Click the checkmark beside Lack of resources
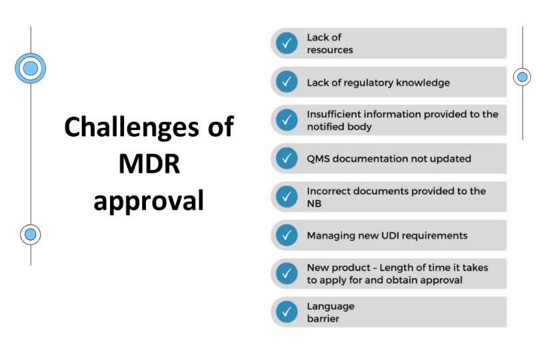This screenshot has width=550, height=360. [x=287, y=43]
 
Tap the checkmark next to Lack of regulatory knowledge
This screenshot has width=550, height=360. [x=287, y=82]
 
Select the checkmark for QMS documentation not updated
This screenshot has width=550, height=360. [x=287, y=158]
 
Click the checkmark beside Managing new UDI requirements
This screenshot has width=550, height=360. [x=287, y=235]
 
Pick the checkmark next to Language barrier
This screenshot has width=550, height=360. [x=287, y=312]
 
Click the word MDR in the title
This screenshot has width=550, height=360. [x=149, y=163]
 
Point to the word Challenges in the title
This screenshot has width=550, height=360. [x=131, y=128]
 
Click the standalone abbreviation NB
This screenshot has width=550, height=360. [x=314, y=204]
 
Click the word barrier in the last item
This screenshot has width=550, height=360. [x=323, y=319]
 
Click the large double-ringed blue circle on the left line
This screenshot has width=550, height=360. [x=31, y=68]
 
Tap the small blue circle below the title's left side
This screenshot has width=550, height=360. [x=31, y=235]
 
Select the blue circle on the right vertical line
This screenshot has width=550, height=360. [x=522, y=77]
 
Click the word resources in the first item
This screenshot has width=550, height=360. [x=330, y=50]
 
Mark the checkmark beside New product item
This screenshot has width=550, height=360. [x=287, y=273]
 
